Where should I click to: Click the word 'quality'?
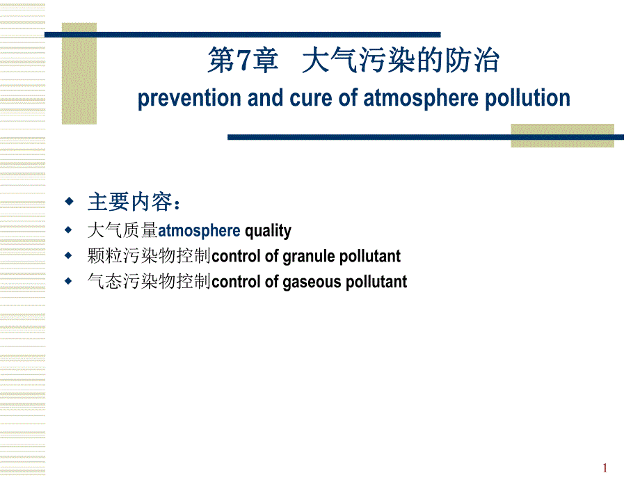click(268, 230)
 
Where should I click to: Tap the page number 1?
click(605, 467)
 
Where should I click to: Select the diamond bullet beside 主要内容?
click(69, 202)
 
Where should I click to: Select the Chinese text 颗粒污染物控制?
click(149, 256)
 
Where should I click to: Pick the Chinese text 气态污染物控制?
click(149, 282)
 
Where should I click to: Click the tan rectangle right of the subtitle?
click(562, 135)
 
